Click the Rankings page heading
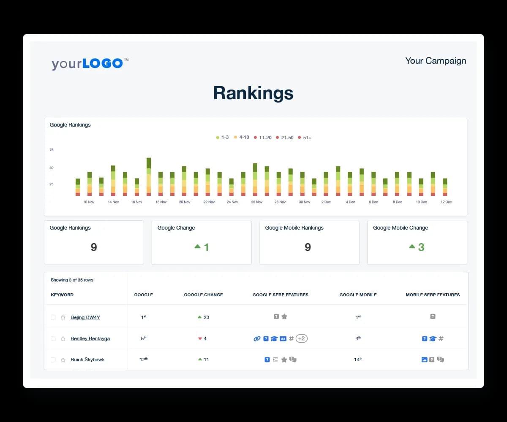(253, 93)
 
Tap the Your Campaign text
(436, 61)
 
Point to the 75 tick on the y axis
(52, 150)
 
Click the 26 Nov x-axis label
(257, 202)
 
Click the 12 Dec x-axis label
(446, 202)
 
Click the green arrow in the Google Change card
(197, 246)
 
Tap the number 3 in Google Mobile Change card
(421, 247)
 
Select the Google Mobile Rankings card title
(294, 228)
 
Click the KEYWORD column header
(62, 295)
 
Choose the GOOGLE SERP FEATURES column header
(280, 295)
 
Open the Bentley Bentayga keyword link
(90, 338)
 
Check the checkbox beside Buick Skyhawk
(53, 360)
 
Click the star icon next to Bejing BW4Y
(63, 317)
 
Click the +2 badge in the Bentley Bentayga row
(301, 338)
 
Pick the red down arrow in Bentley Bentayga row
(200, 338)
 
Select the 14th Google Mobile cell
(358, 360)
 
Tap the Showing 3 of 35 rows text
(72, 280)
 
